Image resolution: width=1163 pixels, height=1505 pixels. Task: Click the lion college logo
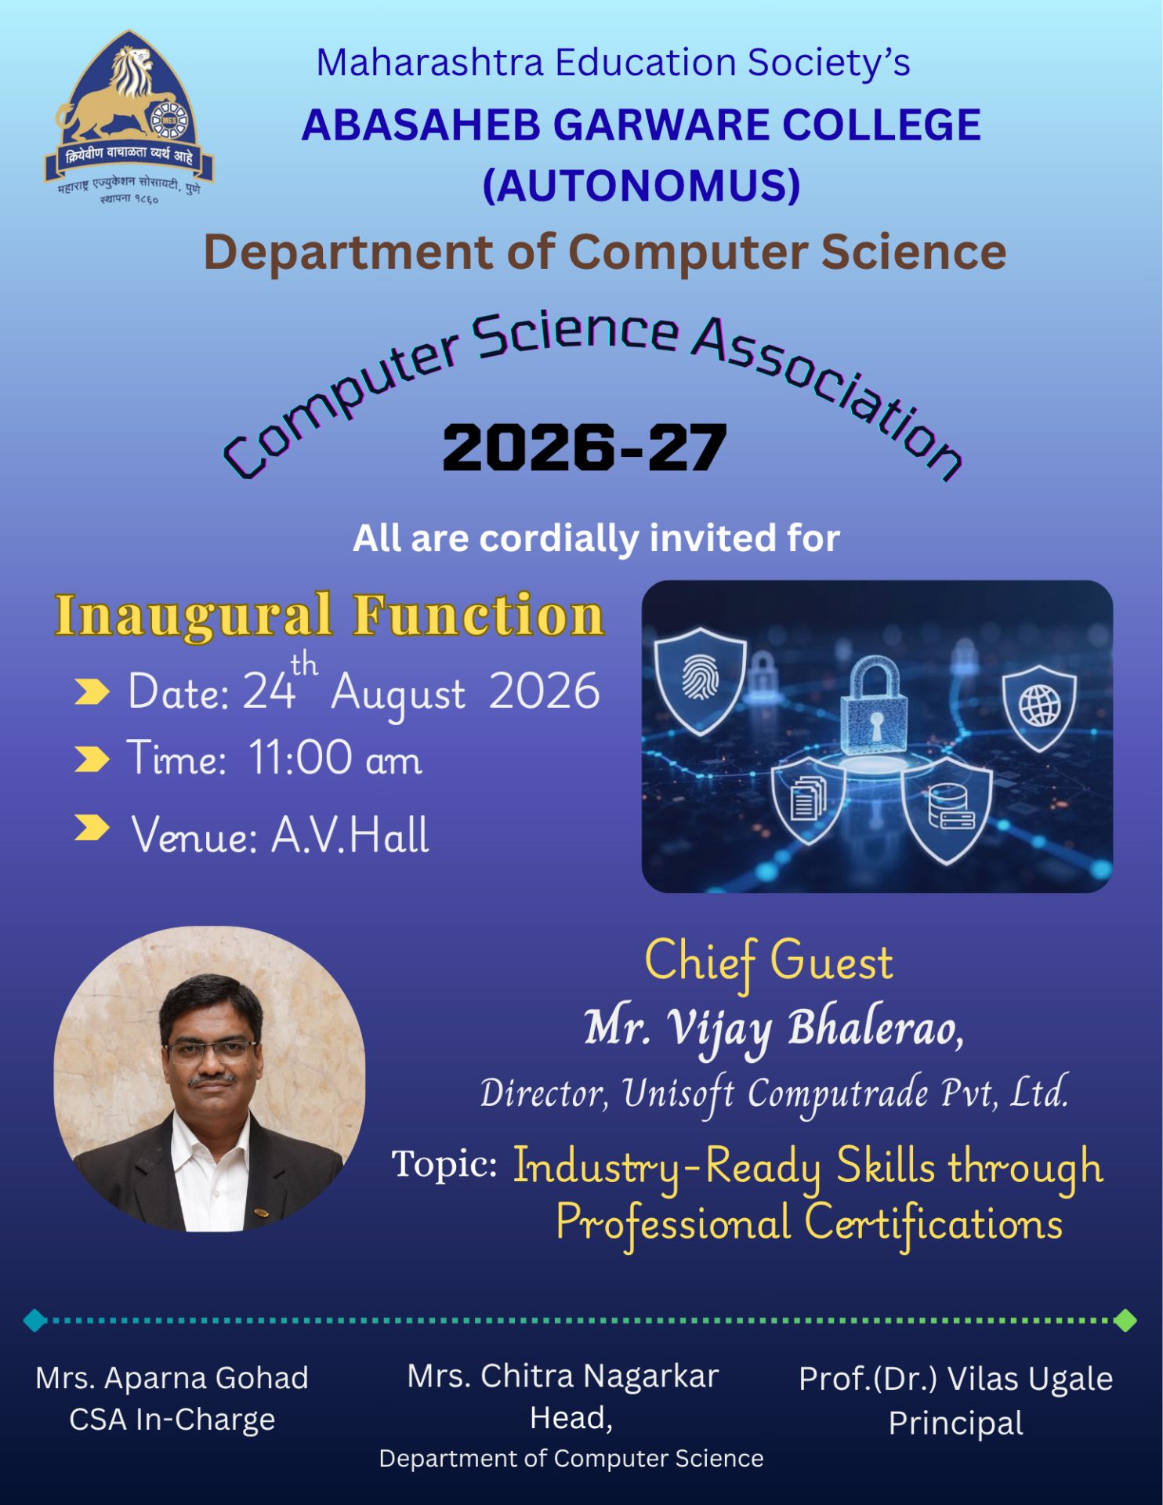click(128, 118)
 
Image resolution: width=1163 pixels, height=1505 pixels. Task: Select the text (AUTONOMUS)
click(641, 186)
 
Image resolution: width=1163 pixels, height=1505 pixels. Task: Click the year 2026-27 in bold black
click(585, 448)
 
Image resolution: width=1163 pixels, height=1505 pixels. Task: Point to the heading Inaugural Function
click(329, 615)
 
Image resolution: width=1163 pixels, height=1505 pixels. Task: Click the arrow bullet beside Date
click(92, 692)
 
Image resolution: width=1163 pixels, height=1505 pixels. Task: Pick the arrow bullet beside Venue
click(92, 828)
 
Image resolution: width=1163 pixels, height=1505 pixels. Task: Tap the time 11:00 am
click(335, 759)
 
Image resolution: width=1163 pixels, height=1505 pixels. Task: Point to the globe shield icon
click(1039, 706)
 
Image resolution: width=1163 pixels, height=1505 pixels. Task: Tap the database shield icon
click(947, 809)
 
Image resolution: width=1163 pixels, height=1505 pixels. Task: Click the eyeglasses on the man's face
click(211, 1050)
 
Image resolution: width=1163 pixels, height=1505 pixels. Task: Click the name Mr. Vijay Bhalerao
click(774, 1028)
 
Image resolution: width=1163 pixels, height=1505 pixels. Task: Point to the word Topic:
click(444, 1164)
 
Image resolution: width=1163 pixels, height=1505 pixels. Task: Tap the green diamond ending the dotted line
click(1125, 1320)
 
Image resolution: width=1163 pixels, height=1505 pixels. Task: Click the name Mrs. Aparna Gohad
click(172, 1378)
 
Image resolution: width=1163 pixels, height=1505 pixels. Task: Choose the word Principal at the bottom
click(955, 1423)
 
